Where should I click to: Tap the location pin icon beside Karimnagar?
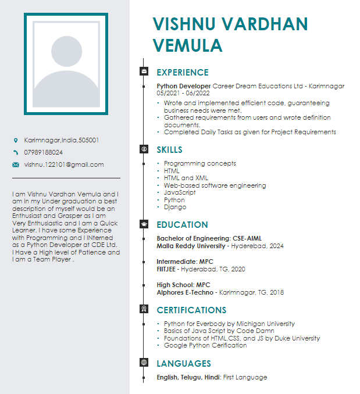16,141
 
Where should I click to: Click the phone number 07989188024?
44,152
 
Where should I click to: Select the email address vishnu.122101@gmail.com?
64,164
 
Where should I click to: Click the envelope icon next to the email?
16,164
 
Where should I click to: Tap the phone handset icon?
16,152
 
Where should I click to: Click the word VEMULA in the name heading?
187,45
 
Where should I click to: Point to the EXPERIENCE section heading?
183,73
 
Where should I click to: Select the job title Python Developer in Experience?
184,86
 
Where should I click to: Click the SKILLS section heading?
169,150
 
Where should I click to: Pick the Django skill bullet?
175,207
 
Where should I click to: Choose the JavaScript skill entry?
180,192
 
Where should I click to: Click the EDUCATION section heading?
182,225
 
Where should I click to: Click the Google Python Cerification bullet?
205,345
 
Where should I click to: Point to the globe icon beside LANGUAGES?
144,363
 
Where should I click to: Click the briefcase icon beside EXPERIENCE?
144,71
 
